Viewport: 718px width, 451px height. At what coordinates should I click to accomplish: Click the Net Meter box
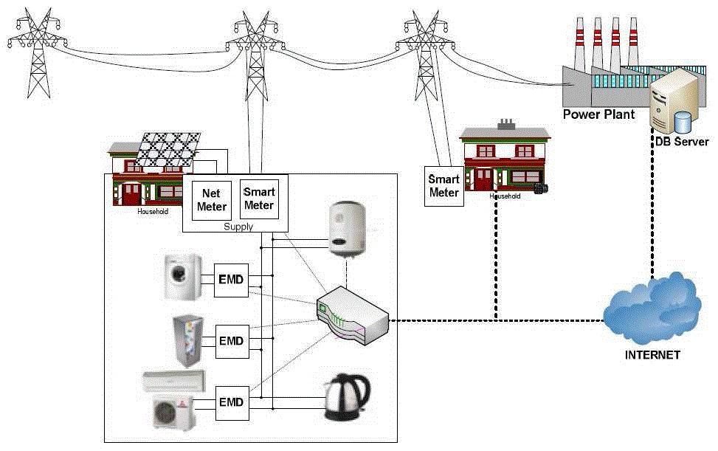click(x=211, y=199)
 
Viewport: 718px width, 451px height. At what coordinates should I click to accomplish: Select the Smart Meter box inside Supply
click(x=259, y=199)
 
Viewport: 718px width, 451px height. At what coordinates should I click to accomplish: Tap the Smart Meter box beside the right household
click(x=443, y=185)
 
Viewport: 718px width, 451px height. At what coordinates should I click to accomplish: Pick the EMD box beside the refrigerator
click(x=231, y=342)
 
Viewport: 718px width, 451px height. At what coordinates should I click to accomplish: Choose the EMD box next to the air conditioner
click(x=231, y=402)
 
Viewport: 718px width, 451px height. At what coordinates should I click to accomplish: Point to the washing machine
click(x=182, y=279)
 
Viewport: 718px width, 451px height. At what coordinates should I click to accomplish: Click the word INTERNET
click(x=652, y=355)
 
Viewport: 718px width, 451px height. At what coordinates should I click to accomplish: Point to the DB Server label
click(x=680, y=142)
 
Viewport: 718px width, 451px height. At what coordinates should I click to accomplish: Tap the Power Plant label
click(x=598, y=114)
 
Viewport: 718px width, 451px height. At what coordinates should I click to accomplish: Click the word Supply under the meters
click(x=238, y=226)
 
